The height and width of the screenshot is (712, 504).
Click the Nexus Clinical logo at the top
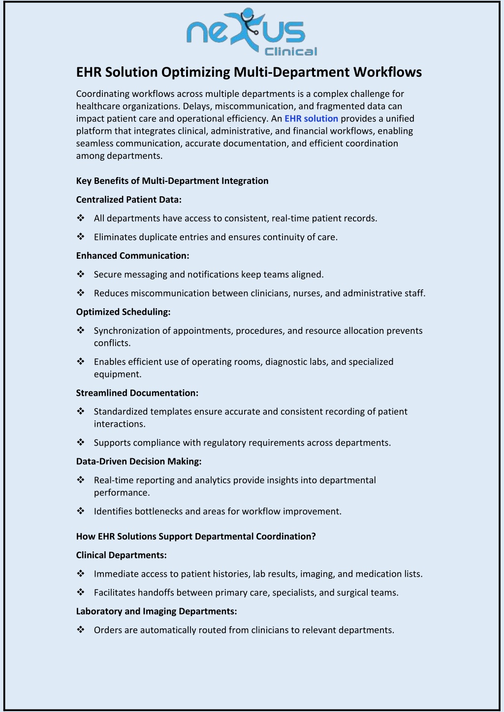[252, 33]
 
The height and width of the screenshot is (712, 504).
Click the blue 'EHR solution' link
[311, 119]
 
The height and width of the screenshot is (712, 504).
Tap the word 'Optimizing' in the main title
[195, 72]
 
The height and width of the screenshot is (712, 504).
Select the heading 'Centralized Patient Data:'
[128, 200]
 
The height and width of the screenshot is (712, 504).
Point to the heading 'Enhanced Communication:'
[132, 256]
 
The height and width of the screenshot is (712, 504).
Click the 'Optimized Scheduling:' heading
[123, 312]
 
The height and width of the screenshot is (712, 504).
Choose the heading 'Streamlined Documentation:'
[137, 393]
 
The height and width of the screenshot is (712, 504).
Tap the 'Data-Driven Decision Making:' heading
[138, 461]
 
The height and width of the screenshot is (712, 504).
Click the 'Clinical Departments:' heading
[121, 555]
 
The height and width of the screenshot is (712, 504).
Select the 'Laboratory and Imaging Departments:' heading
[156, 611]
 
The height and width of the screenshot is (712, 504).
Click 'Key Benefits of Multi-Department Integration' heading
[172, 181]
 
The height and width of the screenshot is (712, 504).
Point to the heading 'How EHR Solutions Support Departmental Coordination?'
[195, 536]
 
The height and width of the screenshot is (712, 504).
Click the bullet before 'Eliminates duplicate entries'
[81, 237]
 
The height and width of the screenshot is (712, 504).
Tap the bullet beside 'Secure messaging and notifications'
[81, 274]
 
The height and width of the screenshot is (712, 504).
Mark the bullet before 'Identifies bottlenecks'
[81, 511]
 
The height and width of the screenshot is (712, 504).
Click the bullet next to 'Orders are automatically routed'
[81, 630]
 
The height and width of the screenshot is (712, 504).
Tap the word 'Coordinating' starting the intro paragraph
[102, 94]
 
